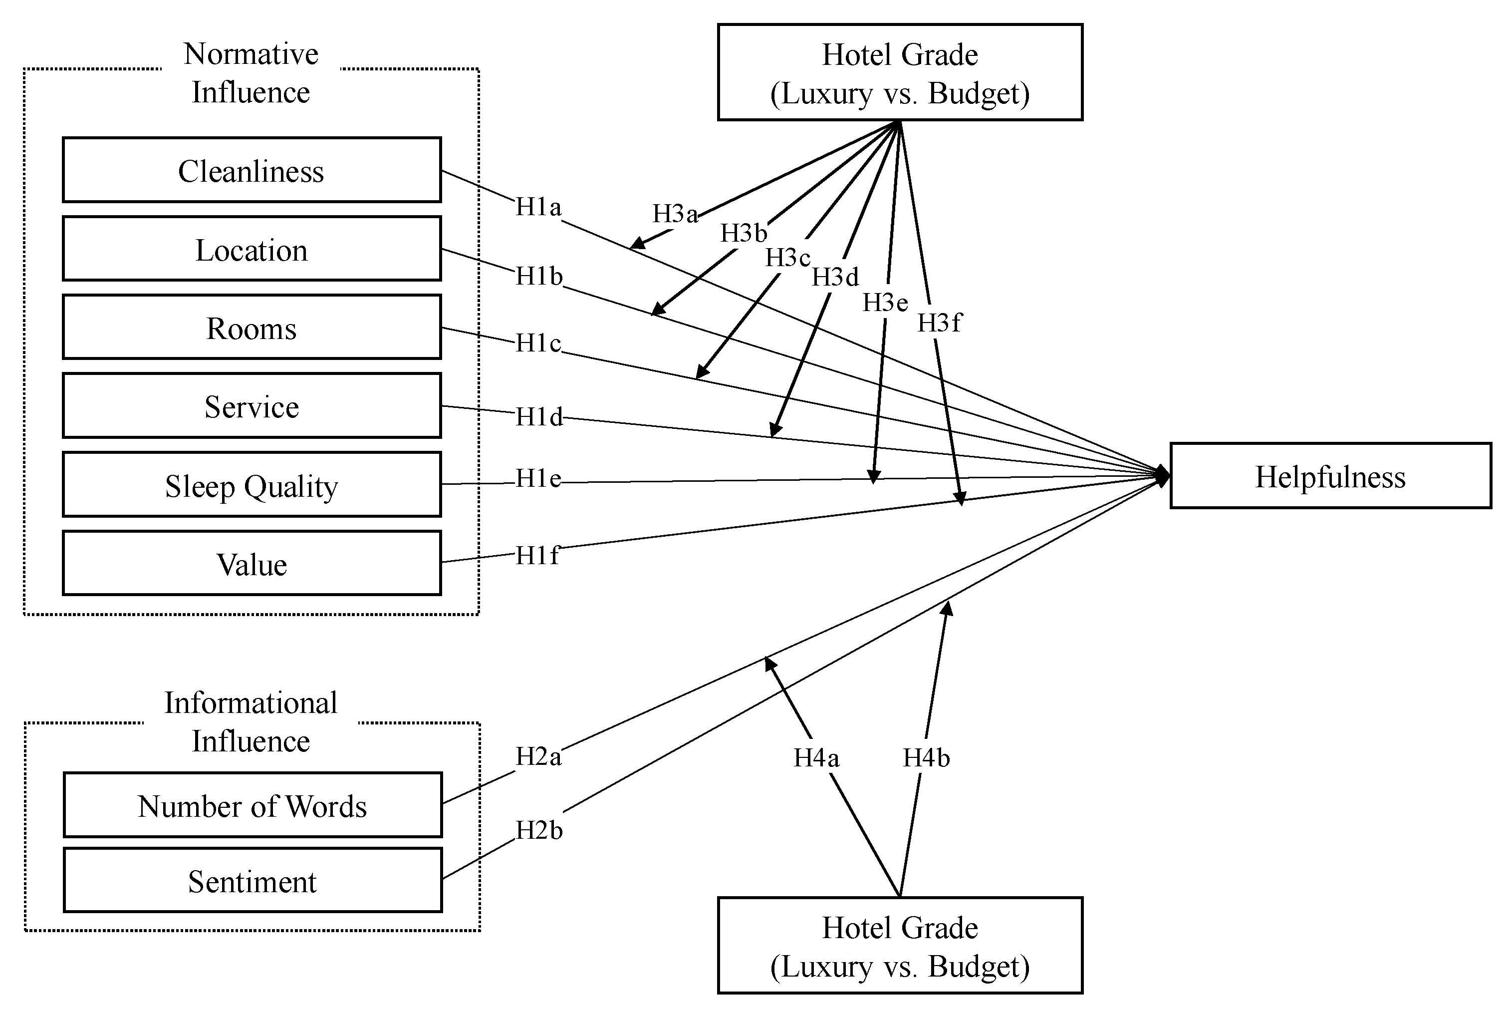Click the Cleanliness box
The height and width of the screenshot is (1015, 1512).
pos(251,170)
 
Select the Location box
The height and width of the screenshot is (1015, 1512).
pos(251,249)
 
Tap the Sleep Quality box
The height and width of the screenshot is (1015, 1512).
pos(251,484)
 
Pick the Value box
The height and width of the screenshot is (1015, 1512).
pos(251,563)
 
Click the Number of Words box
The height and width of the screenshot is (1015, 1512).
pos(252,805)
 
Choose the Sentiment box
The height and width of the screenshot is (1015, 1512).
pos(252,880)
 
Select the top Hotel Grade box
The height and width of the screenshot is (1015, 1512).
pos(899,72)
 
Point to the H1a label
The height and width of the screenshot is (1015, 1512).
pos(537,207)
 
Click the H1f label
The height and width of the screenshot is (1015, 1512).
pos(536,555)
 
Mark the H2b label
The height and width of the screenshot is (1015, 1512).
pos(538,830)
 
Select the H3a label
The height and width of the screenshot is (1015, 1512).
pos(675,214)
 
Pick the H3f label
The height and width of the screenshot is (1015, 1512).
pos(939,323)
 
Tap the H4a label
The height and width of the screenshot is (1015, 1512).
pos(816,757)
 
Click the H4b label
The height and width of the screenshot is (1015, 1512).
pos(926,757)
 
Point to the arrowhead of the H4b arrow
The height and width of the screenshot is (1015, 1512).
pos(947,609)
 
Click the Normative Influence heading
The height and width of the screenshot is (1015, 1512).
pos(251,72)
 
